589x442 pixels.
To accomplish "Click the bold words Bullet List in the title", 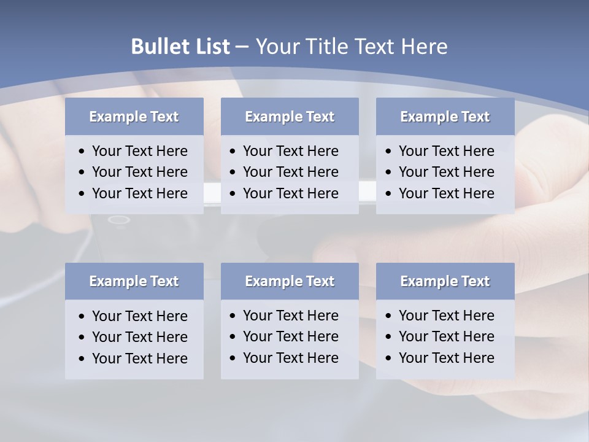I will [x=180, y=47].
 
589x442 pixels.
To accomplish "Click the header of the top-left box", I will [x=134, y=117].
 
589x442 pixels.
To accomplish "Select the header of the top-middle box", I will [x=290, y=117].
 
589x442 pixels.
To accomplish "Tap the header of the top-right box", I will [x=445, y=117].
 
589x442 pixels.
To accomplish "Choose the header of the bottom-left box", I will [x=134, y=281].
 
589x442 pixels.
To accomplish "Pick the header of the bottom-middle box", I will [x=290, y=281].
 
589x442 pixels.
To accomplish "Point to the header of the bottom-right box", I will [x=445, y=281].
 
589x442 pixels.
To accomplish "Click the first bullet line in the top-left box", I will [x=139, y=151].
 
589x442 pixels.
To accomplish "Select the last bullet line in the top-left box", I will [x=139, y=193].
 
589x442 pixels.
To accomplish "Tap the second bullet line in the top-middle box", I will [x=290, y=172].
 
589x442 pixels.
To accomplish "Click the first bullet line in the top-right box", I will [x=446, y=151].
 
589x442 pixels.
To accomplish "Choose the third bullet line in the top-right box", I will [x=446, y=193].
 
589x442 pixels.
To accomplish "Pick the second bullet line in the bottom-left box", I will [x=139, y=337].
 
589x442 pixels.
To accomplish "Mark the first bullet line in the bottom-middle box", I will [x=290, y=316].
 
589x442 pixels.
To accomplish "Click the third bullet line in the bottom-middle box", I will [x=290, y=358].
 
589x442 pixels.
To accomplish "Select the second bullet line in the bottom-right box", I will [x=446, y=336].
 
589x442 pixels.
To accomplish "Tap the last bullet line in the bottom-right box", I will [x=446, y=358].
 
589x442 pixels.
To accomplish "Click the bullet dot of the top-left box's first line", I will [x=82, y=152].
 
